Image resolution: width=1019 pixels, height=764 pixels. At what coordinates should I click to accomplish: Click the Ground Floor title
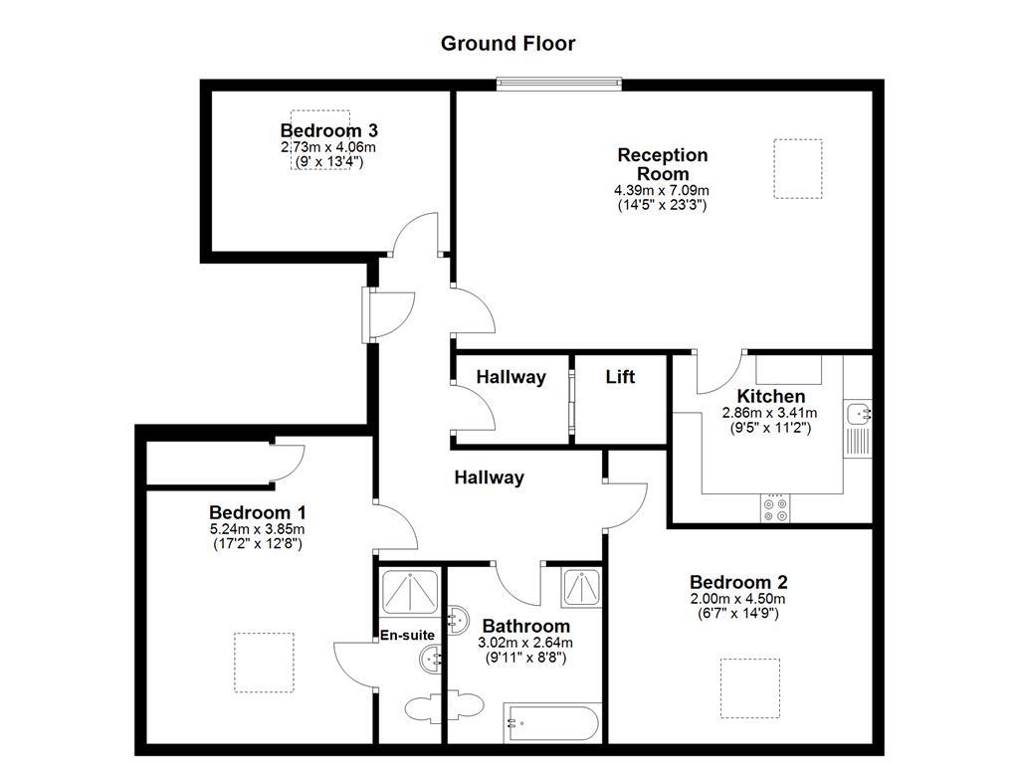508,43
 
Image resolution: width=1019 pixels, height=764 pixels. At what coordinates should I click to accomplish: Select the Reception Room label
662,164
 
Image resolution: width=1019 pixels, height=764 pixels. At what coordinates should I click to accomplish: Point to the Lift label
620,377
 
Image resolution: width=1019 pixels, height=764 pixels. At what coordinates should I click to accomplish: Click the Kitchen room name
770,396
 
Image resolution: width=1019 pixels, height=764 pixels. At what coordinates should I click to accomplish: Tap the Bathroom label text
525,626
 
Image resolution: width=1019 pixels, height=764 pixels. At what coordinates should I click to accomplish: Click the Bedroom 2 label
737,582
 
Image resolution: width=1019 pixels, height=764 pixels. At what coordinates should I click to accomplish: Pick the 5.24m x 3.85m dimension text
257,529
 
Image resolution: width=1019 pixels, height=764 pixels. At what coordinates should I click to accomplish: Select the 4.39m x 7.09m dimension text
662,190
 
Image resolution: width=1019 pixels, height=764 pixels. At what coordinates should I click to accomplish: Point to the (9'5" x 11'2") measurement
769,428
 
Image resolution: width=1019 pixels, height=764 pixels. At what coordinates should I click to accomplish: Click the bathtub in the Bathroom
551,720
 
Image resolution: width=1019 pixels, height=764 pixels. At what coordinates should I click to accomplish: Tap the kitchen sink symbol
857,413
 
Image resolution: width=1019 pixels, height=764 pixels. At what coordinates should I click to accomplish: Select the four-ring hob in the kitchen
775,508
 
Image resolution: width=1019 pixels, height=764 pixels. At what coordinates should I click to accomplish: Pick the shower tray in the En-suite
408,594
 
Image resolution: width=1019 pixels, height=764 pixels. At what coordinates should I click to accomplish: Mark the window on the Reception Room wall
559,84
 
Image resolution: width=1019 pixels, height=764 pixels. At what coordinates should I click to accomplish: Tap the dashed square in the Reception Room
797,168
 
